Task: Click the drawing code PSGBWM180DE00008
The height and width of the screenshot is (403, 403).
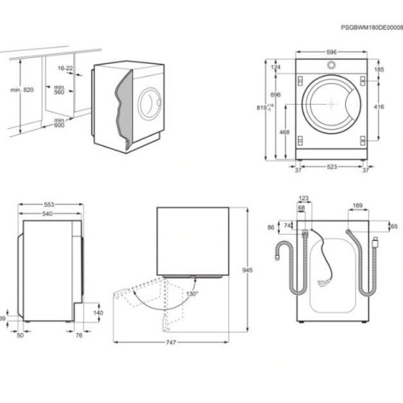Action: [x=372, y=27]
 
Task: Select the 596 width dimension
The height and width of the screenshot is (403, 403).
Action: [x=331, y=52]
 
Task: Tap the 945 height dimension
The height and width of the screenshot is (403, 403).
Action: [x=247, y=270]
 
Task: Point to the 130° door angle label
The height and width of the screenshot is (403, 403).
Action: [x=193, y=293]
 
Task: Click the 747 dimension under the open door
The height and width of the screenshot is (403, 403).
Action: [x=171, y=343]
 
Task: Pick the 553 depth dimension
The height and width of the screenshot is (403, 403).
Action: [x=49, y=205]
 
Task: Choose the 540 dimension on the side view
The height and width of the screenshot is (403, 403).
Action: [x=48, y=214]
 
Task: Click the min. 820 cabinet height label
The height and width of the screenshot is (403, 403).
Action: [x=22, y=89]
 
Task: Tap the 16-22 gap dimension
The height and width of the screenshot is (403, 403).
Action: [x=65, y=69]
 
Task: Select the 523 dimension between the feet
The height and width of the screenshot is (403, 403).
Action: [x=332, y=167]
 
